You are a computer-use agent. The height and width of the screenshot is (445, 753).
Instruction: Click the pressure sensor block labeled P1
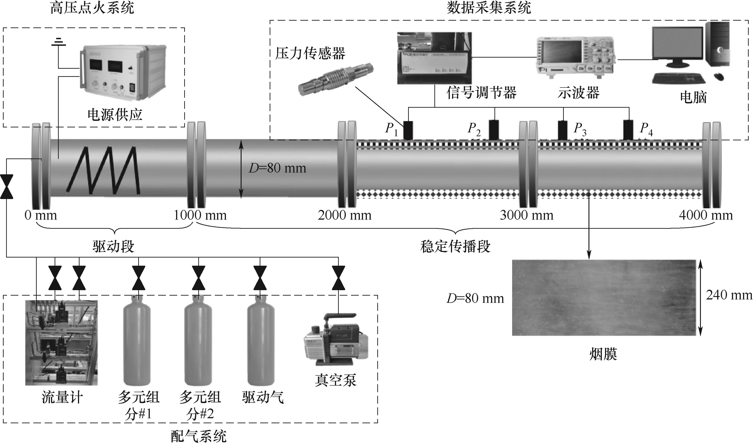(408, 130)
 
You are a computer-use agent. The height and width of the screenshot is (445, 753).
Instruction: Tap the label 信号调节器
(481, 93)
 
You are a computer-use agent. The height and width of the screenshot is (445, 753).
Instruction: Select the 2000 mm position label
(344, 215)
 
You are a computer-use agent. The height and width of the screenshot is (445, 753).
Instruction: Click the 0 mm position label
(41, 215)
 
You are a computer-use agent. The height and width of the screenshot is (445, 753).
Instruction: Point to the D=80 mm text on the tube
(277, 168)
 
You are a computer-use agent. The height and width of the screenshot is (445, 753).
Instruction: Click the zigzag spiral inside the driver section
(103, 169)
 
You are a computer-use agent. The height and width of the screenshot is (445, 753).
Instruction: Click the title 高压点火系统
(92, 8)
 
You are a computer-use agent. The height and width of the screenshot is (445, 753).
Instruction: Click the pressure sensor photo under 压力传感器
(336, 80)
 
